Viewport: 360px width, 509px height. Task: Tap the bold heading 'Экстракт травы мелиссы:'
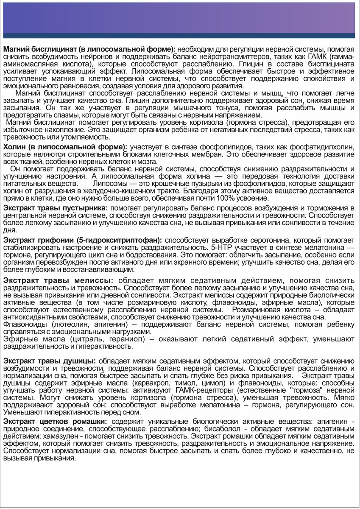pyautogui.click(x=58, y=280)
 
